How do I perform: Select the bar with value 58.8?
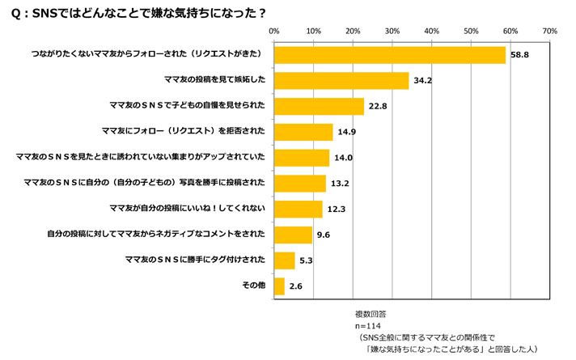click(390, 55)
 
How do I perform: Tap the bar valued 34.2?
click(341, 80)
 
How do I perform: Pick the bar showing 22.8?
click(319, 106)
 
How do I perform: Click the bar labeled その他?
click(279, 286)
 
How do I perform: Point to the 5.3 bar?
click(285, 260)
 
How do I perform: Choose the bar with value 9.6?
click(293, 235)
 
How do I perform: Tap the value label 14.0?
click(343, 158)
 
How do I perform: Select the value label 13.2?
click(340, 184)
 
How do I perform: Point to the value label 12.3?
click(337, 210)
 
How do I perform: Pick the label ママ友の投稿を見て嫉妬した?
click(215, 80)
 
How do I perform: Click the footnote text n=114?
click(369, 323)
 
